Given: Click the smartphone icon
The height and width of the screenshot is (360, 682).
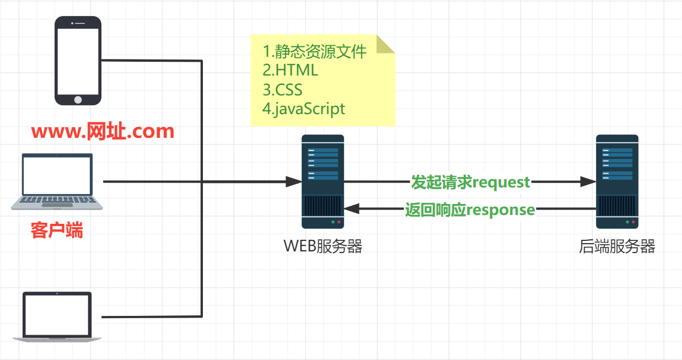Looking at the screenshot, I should [78, 60].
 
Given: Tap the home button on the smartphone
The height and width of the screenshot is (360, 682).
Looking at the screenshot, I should [78, 99].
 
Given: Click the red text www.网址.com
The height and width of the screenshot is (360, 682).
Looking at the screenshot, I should [103, 132].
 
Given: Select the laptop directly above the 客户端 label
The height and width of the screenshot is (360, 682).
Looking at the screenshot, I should [57, 181].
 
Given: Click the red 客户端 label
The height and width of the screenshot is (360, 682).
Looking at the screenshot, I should [57, 230].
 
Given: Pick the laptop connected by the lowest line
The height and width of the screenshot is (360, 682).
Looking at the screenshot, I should [57, 317].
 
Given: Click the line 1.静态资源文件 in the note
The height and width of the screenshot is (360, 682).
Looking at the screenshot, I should [314, 52].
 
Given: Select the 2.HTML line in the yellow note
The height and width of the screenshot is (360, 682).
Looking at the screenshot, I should [290, 71].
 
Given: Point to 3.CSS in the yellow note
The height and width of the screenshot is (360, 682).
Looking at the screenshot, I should [282, 89].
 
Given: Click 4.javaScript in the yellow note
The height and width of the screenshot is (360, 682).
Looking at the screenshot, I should [304, 108].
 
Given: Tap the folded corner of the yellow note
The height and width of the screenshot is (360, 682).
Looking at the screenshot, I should [386, 44].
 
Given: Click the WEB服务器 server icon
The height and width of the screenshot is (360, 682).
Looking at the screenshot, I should [323, 181].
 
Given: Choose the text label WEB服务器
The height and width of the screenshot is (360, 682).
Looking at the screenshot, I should [323, 246].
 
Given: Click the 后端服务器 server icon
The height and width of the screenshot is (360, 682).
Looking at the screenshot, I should [617, 181].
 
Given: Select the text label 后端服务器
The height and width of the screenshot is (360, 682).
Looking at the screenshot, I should [617, 246].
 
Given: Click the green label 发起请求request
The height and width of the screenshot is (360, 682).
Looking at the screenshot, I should [470, 182].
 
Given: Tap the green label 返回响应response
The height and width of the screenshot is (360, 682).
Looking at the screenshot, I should [470, 209].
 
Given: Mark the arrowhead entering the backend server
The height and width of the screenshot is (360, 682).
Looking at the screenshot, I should [588, 181].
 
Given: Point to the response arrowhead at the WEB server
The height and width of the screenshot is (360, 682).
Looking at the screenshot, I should [352, 209].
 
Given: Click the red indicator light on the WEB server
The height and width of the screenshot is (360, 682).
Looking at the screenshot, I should [339, 223].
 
